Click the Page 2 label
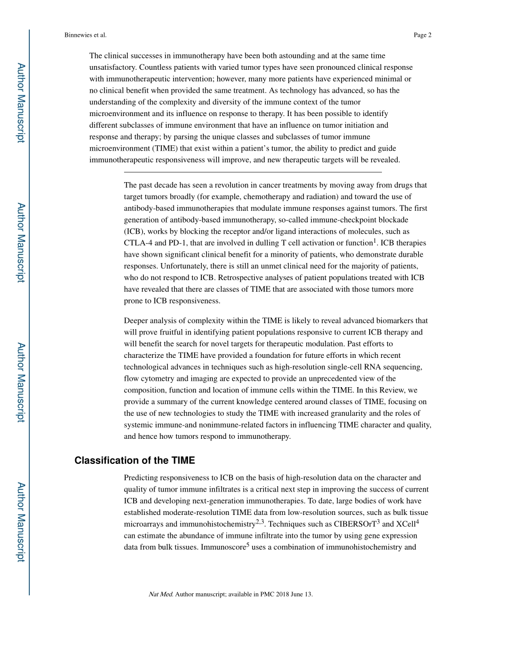coord(422,35)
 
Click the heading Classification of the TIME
coord(135,461)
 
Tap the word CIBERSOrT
coord(355,524)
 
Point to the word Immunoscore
coord(223,547)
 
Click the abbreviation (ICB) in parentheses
coord(134,232)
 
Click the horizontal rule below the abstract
coord(252,172)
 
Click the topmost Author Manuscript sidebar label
coord(21,103)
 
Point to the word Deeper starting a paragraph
coord(136,321)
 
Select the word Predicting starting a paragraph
coord(141,478)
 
